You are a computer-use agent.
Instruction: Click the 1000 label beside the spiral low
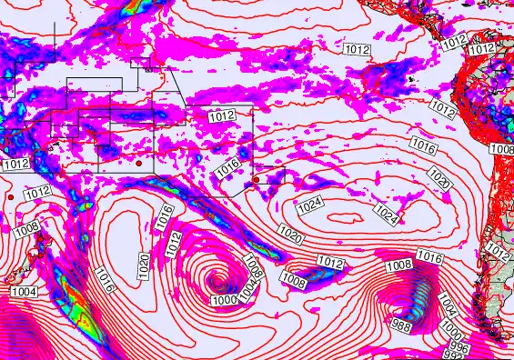(224, 299)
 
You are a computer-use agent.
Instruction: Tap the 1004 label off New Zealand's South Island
(25, 291)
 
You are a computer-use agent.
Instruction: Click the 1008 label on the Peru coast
(501, 148)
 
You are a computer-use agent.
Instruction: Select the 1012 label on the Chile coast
(497, 248)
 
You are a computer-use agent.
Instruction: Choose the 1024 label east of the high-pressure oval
(387, 215)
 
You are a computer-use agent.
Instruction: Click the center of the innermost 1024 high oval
(346, 216)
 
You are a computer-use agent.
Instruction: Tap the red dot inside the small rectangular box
(256, 180)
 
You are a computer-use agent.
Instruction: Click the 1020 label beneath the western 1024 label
(291, 235)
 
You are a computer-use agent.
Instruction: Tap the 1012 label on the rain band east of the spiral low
(331, 264)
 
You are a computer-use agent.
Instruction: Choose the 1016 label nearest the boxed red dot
(227, 167)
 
